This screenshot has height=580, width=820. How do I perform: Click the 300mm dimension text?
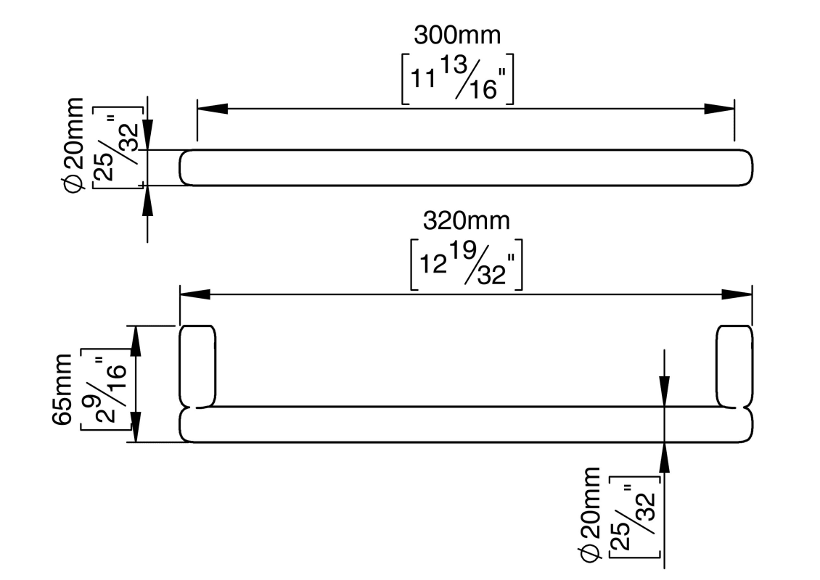click(457, 36)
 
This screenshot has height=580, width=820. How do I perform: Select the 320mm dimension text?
click(466, 221)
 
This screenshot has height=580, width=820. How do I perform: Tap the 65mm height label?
click(62, 389)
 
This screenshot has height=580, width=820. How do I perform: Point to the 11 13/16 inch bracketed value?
click(458, 79)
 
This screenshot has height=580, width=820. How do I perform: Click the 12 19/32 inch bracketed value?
click(466, 265)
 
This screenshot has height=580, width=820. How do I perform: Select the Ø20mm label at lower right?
click(591, 515)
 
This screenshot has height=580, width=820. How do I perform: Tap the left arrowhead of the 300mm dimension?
click(213, 109)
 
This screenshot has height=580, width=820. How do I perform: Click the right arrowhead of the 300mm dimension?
click(719, 109)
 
